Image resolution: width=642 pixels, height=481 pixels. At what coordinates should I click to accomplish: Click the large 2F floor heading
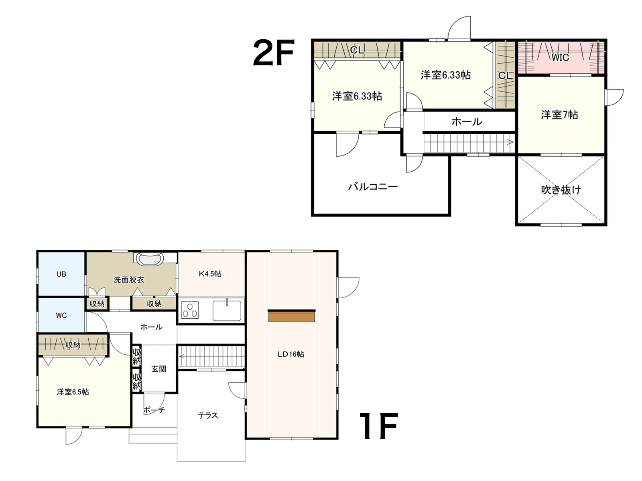(273, 53)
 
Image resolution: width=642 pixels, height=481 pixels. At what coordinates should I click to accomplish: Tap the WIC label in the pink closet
(560, 58)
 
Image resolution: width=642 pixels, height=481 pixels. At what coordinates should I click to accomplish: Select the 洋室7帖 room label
(559, 115)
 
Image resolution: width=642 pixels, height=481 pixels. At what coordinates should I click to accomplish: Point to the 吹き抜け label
(561, 190)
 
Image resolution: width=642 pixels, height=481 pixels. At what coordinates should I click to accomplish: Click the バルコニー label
(373, 187)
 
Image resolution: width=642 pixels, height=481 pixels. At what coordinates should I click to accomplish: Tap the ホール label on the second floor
(467, 121)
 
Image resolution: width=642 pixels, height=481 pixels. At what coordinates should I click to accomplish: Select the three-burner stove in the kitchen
(190, 310)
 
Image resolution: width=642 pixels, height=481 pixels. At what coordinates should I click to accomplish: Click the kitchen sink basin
(227, 310)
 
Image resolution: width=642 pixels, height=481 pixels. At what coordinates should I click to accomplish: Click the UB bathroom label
(61, 274)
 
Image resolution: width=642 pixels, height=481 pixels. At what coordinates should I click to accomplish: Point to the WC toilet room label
(61, 315)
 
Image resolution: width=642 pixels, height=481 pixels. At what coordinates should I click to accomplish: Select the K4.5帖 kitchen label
(210, 274)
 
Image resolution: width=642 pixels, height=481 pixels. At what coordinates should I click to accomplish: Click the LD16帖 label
(291, 354)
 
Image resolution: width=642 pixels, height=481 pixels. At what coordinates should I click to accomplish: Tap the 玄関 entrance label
(158, 369)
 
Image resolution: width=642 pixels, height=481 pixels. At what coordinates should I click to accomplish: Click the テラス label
(208, 415)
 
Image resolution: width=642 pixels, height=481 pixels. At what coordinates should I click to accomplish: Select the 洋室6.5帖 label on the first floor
(73, 392)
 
